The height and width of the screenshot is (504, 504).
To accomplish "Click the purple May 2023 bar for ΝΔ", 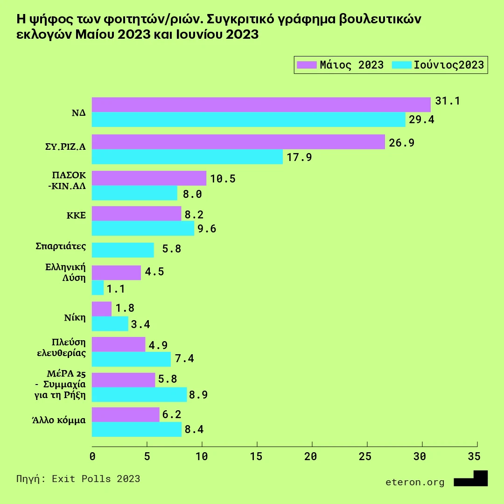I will click(x=261, y=105).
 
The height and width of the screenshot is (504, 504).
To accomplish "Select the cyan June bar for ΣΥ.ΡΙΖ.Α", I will click(x=187, y=157).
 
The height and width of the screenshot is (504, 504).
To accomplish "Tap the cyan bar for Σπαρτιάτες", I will click(x=123, y=250).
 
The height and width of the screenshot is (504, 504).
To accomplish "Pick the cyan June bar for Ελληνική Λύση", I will click(x=98, y=287).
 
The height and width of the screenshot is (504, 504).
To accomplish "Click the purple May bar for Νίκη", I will click(x=102, y=309).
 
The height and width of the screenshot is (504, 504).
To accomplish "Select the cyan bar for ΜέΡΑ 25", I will click(x=139, y=394).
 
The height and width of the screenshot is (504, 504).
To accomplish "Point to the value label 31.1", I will click(x=447, y=101).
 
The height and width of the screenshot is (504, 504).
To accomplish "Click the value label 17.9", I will click(x=299, y=157).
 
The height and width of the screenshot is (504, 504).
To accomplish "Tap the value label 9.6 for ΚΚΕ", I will click(x=207, y=229).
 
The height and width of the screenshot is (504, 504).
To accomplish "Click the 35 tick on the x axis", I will click(x=474, y=456).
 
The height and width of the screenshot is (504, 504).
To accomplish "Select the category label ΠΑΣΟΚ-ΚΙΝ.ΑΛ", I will click(x=69, y=178).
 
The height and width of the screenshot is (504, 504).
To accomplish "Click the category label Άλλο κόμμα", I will click(x=59, y=420).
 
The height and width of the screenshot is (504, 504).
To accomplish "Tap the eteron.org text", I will click(x=415, y=482).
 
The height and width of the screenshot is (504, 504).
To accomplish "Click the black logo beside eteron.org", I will click(x=471, y=479).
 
